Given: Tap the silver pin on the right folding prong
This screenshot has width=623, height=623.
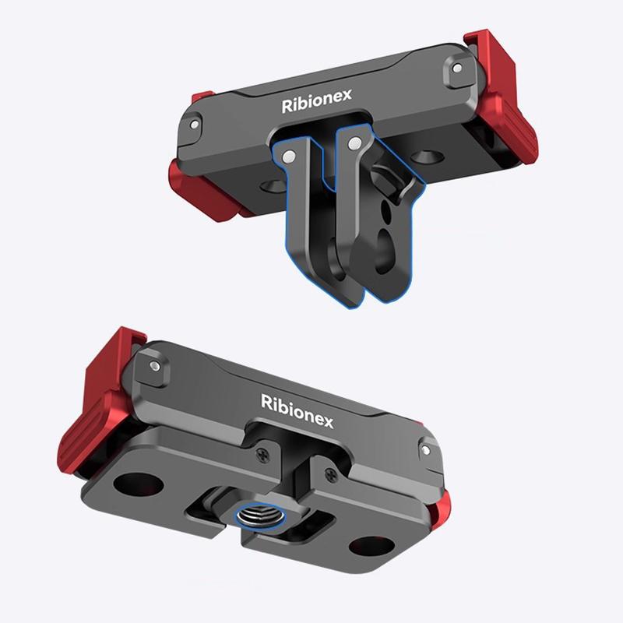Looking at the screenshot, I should tap(354, 143).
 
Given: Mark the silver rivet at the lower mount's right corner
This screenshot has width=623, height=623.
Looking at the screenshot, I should tap(425, 449).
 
